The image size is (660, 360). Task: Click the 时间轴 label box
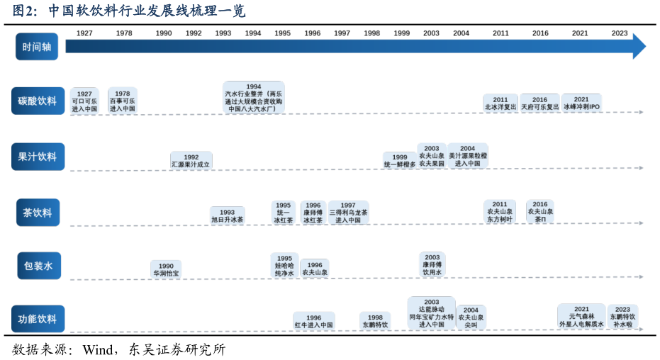pyautogui.click(x=37, y=47)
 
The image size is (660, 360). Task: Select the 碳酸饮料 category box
pyautogui.click(x=37, y=101)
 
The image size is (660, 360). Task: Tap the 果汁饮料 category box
pyautogui.click(x=37, y=157)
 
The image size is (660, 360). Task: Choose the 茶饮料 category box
pyautogui.click(x=37, y=212)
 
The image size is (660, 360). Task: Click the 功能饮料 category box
pyautogui.click(x=37, y=320)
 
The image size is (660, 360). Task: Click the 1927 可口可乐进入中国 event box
pyautogui.click(x=84, y=101)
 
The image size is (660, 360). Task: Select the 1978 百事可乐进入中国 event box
pyautogui.click(x=122, y=101)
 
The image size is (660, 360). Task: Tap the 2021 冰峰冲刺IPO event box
pyautogui.click(x=581, y=103)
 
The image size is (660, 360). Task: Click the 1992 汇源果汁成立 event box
pyautogui.click(x=191, y=161)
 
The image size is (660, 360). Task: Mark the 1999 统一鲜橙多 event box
pyautogui.click(x=400, y=161)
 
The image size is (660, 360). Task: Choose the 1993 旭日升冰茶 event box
pyautogui.click(x=227, y=216)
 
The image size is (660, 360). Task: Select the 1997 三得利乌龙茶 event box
pyautogui.click(x=348, y=213)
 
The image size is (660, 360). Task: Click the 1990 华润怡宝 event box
pyautogui.click(x=166, y=269)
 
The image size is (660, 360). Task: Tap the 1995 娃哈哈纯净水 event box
pyautogui.click(x=284, y=266)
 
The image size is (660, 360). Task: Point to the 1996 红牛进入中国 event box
pyautogui.click(x=313, y=322)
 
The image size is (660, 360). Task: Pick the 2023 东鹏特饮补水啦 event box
pyautogui.click(x=622, y=317)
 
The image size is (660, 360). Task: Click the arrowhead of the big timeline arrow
pyautogui.click(x=639, y=46)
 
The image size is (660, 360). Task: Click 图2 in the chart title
pyautogui.click(x=25, y=12)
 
